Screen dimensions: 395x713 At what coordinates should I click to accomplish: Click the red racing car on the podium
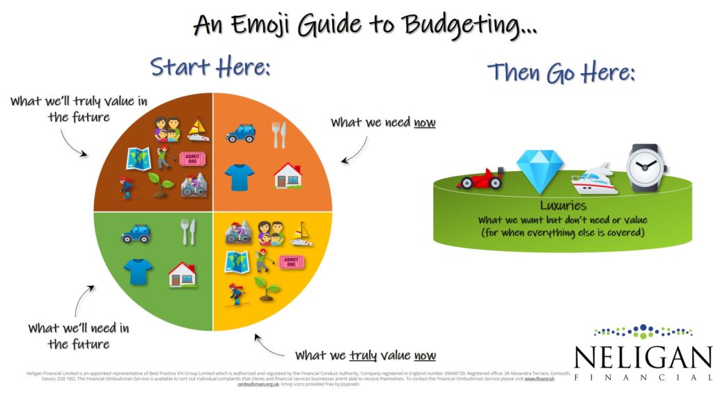coord(480,179)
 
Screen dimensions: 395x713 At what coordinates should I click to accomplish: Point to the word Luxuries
coord(563,206)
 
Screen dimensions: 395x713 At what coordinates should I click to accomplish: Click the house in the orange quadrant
coord(288,176)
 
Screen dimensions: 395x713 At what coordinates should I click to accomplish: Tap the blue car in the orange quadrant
coord(241,133)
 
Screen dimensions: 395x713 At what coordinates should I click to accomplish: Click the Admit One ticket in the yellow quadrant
coord(293,261)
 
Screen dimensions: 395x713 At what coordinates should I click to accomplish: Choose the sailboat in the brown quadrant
coord(198,129)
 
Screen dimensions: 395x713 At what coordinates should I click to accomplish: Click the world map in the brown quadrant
coord(138,159)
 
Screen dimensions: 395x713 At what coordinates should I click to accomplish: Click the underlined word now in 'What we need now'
coord(424,122)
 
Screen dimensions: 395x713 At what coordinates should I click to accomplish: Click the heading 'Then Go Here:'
coord(561,72)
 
